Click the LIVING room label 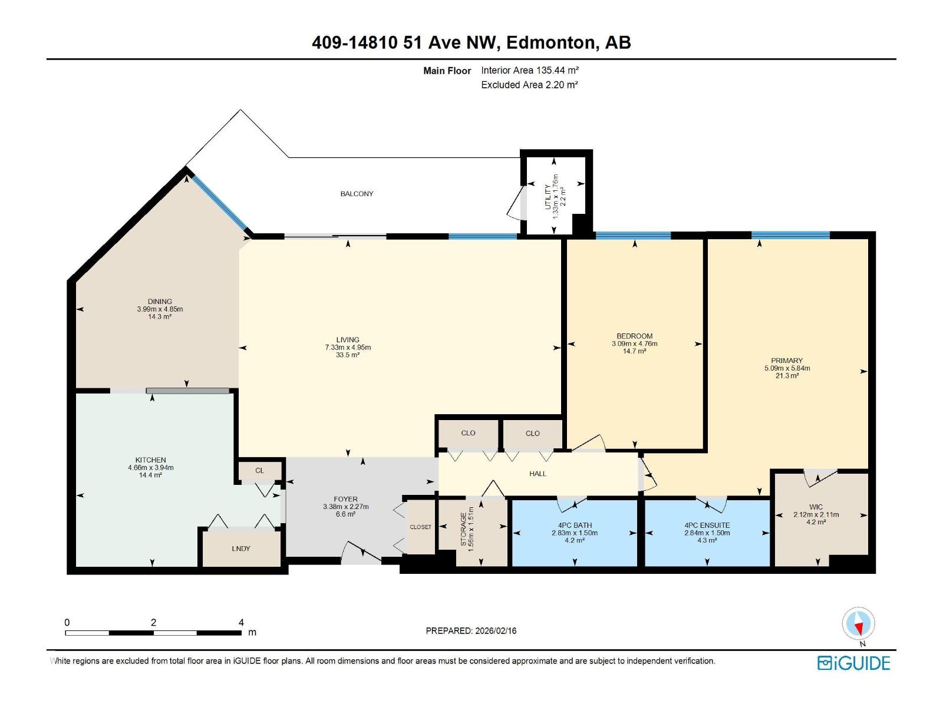pos(348,339)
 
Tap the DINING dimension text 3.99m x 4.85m pos(160,309)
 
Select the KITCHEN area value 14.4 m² pos(150,475)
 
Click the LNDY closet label pos(241,549)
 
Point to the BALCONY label pos(357,194)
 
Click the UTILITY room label pos(548,197)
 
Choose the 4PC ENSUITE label pos(707,525)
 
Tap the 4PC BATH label pos(575,525)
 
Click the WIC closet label pos(816,507)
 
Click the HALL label pos(538,474)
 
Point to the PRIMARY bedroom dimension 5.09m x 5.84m pos(787,368)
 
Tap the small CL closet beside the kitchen pos(260,471)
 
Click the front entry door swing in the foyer pos(361,553)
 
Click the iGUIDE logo pos(853,663)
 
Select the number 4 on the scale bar pos(241,622)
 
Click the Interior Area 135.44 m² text pos(530,70)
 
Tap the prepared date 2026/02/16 pos(495,630)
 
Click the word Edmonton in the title pos(550,42)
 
